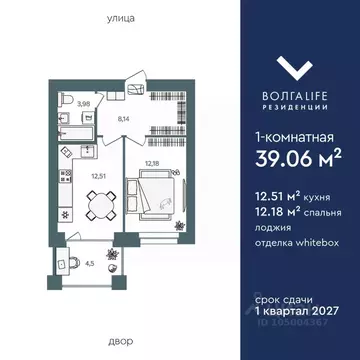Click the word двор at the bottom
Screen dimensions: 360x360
point(118,339)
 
